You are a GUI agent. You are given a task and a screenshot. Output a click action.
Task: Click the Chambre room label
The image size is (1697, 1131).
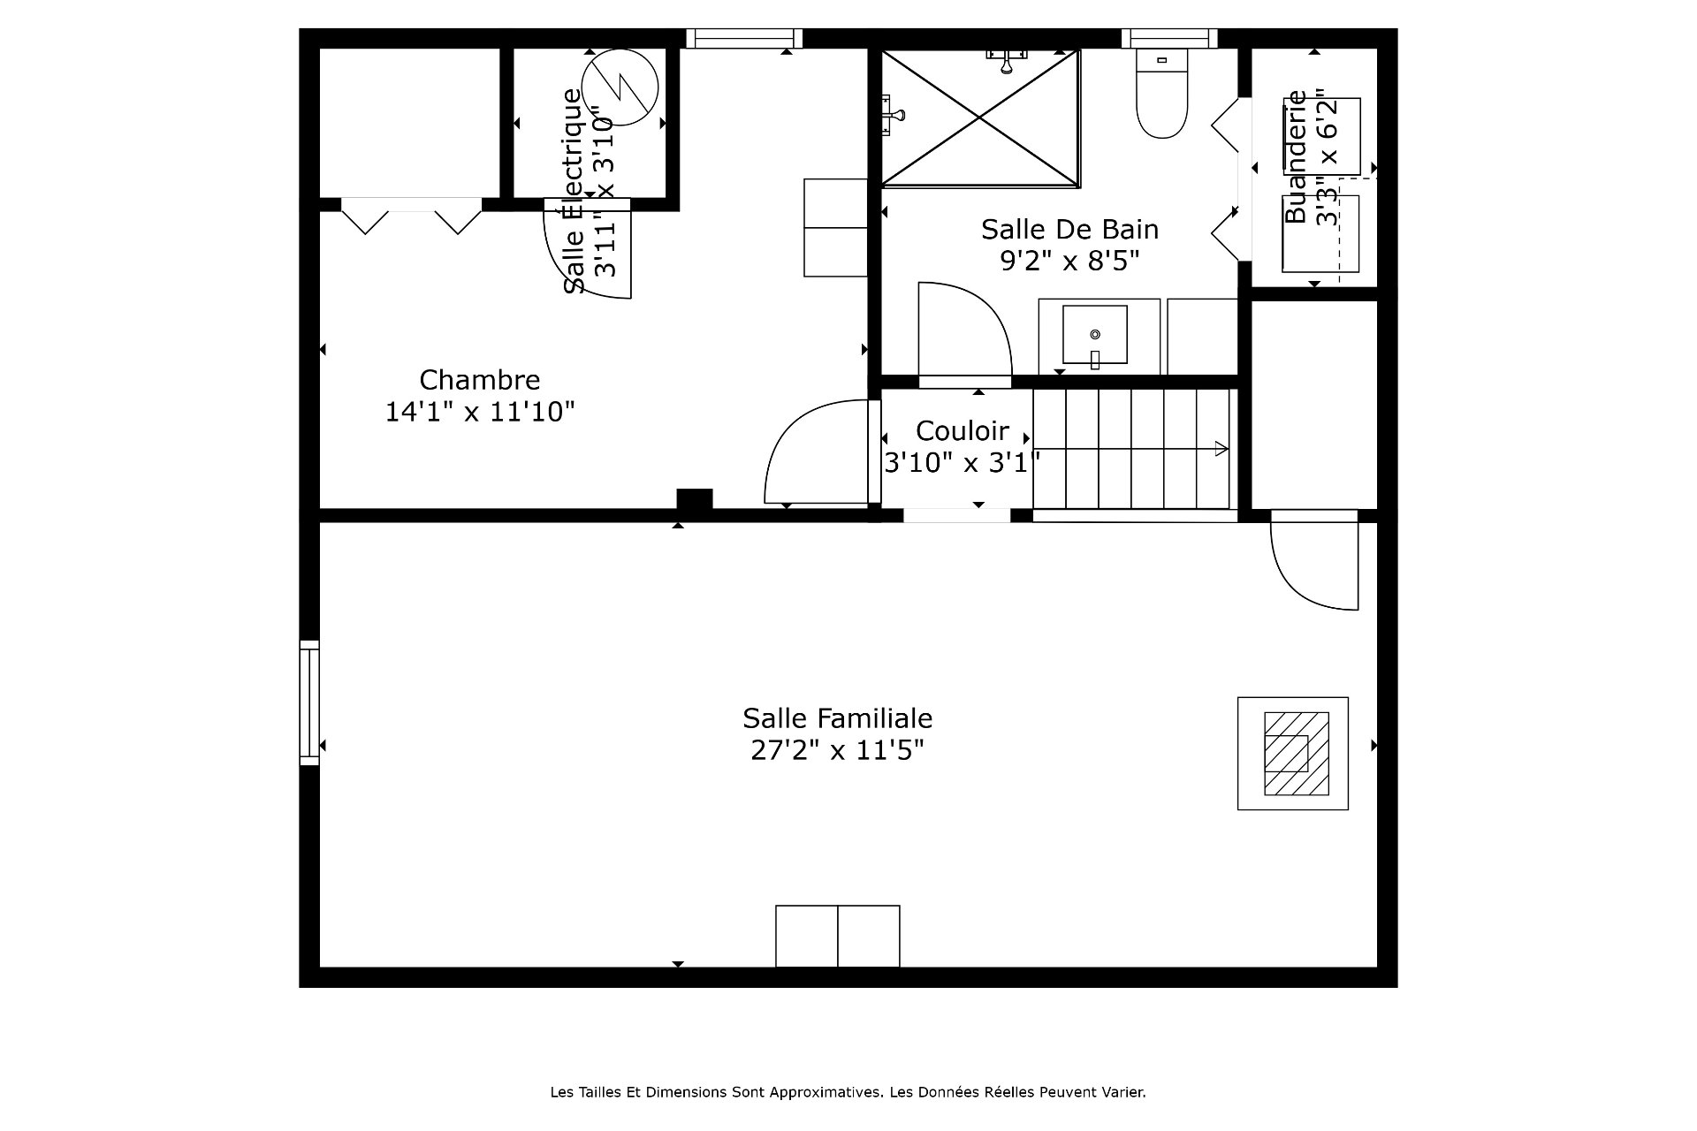pyautogui.click(x=479, y=380)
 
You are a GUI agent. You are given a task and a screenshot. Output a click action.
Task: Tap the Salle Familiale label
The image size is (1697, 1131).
pyautogui.click(x=837, y=717)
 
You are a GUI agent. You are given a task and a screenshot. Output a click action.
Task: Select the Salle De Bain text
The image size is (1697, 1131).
pyautogui.click(x=1069, y=230)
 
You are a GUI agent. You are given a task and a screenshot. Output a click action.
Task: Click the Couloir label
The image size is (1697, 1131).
pyautogui.click(x=962, y=431)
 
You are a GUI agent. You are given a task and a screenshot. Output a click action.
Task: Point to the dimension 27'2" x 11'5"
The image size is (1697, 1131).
pyautogui.click(x=837, y=750)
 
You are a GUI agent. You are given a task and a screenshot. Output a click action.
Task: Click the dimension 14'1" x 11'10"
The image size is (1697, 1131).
pyautogui.click(x=479, y=412)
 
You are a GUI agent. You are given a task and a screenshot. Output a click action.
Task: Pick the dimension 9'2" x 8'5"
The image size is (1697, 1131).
pyautogui.click(x=1069, y=262)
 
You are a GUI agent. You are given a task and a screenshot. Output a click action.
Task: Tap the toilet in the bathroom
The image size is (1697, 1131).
pyautogui.click(x=1161, y=93)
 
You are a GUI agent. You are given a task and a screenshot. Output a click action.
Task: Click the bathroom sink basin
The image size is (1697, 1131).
pyautogui.click(x=1095, y=335)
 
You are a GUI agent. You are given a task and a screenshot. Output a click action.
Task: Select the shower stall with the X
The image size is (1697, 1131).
pyautogui.click(x=981, y=118)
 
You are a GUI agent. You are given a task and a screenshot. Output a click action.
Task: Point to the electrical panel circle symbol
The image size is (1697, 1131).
pyautogui.click(x=620, y=87)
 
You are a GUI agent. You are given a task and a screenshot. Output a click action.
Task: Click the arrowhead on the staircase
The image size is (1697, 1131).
pyautogui.click(x=1221, y=449)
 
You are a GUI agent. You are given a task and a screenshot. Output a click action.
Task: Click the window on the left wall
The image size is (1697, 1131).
pyautogui.click(x=308, y=702)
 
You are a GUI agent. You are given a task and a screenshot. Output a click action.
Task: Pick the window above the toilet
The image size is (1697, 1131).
pyautogui.click(x=1169, y=38)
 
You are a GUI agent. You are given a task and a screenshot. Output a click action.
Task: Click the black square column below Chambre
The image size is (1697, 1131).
pyautogui.click(x=695, y=499)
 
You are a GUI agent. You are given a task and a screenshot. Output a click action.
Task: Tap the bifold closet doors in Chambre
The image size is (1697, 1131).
pyautogui.click(x=411, y=216)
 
